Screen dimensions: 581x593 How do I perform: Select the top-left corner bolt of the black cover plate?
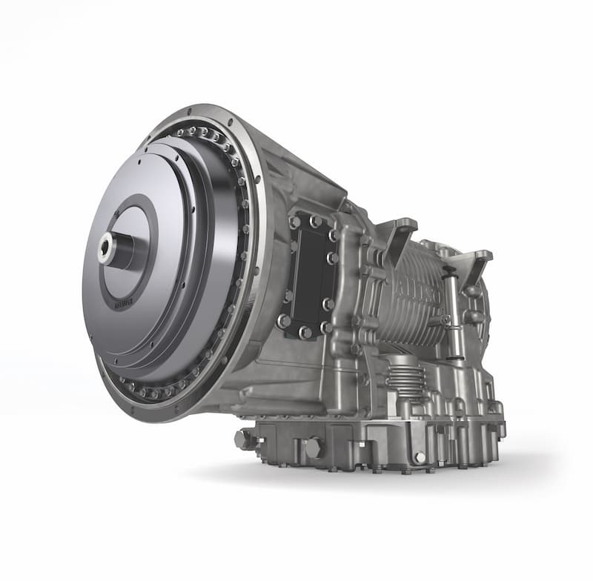point(296,222)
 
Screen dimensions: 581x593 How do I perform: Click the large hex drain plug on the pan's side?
point(313,448)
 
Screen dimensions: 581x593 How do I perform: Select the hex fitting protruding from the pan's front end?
point(244,439)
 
